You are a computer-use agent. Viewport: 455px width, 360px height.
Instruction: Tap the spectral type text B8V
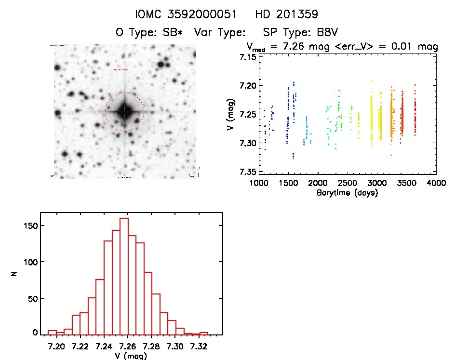pos(325,32)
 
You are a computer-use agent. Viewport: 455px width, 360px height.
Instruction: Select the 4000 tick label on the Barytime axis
pos(436,183)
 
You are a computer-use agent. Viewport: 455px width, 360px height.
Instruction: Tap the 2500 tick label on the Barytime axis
pos(348,183)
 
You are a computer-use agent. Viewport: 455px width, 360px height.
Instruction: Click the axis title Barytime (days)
pos(347,193)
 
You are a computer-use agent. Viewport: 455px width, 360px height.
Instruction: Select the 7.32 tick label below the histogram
pos(199,346)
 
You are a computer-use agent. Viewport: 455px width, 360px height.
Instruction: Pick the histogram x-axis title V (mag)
pos(128,356)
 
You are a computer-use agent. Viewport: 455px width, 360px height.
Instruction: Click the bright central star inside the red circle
pos(124,111)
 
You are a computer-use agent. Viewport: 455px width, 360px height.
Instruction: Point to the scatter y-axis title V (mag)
pos(233,114)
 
